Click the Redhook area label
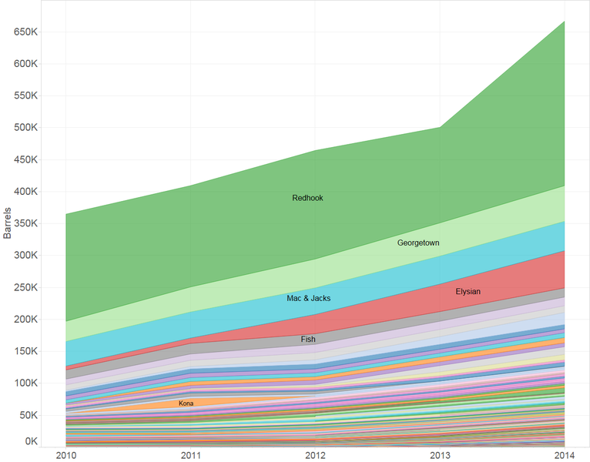(x=307, y=198)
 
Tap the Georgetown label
(x=418, y=243)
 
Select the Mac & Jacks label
(x=308, y=298)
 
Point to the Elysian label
(x=468, y=292)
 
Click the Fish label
(x=308, y=339)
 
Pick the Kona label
(x=186, y=403)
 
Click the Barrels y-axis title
(x=8, y=223)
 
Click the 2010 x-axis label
(x=66, y=455)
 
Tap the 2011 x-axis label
(x=191, y=455)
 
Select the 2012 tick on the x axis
(x=315, y=455)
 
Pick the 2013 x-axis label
(x=440, y=455)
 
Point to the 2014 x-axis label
(x=564, y=455)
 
